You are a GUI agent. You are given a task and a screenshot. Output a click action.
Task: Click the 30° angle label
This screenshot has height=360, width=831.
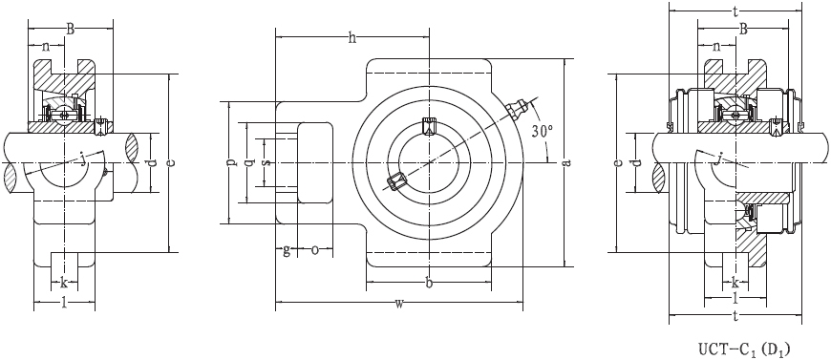543,131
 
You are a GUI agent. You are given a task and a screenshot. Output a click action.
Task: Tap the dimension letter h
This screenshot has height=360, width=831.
352,37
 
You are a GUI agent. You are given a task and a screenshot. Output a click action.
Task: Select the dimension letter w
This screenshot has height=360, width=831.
399,304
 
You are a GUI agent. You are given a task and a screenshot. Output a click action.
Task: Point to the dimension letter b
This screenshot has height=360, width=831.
429,283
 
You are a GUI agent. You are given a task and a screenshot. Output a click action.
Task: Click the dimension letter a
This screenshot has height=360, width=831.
567,161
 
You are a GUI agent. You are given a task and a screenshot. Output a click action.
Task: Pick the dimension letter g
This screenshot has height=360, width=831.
287,250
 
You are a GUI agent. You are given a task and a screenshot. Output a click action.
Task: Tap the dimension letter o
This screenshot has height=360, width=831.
315,248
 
